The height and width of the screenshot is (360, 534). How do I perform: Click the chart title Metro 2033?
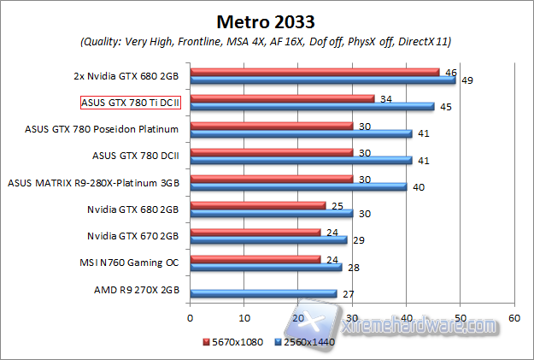pyautogui.click(x=267, y=21)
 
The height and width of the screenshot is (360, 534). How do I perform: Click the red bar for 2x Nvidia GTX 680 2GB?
pyautogui.click(x=314, y=72)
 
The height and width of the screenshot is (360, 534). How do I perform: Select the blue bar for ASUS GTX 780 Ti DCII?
pyautogui.click(x=312, y=107)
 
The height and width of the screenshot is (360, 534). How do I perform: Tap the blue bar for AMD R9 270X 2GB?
pyautogui.click(x=263, y=293)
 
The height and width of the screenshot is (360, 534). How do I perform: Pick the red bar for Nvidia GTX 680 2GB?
pyautogui.click(x=258, y=204)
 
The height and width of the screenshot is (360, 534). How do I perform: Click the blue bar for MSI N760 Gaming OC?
pyautogui.click(x=266, y=267)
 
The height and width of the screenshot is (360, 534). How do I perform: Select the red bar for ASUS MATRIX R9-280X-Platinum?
pyautogui.click(x=271, y=178)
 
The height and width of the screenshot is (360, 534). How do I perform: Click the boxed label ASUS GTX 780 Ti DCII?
pyautogui.click(x=131, y=103)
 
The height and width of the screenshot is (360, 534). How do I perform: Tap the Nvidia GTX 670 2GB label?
pyautogui.click(x=132, y=235)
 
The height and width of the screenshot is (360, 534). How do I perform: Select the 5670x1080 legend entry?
pyautogui.click(x=233, y=342)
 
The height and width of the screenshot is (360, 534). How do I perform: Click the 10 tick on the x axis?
pyautogui.click(x=244, y=316)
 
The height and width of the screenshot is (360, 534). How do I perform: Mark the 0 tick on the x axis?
pyautogui.click(x=191, y=316)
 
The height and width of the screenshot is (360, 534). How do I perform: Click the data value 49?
pyautogui.click(x=467, y=80)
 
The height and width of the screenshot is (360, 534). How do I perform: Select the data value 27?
pyautogui.click(x=347, y=293)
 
